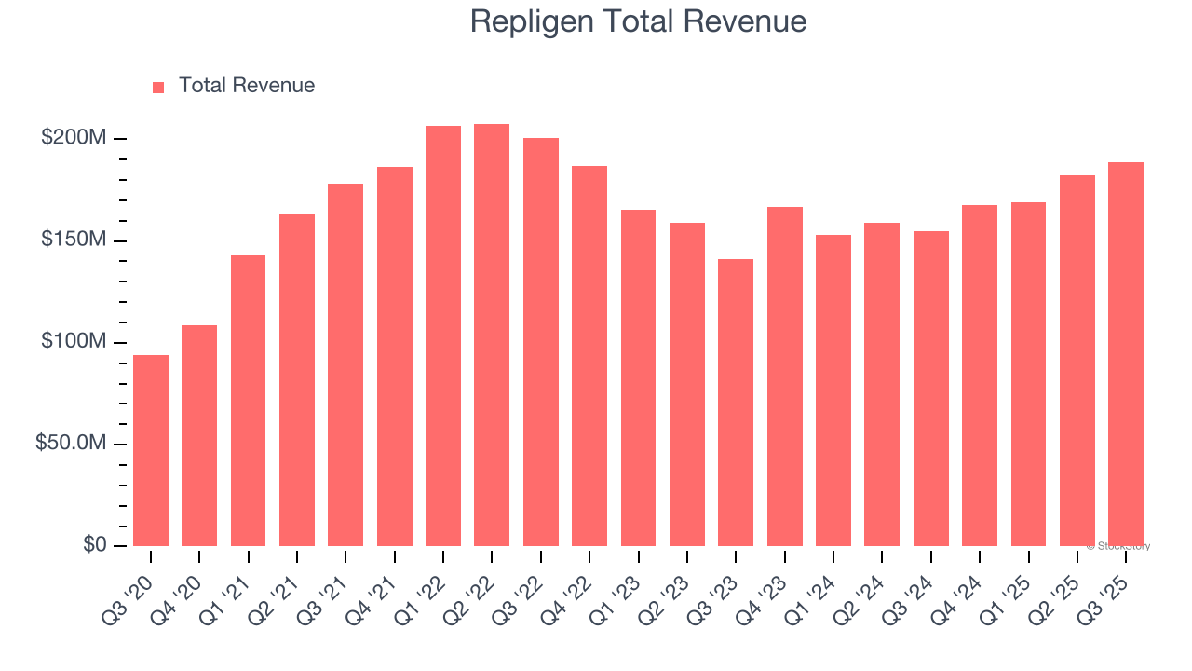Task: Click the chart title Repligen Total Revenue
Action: click(x=638, y=21)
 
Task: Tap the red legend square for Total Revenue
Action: click(x=158, y=87)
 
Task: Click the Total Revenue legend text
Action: click(x=247, y=86)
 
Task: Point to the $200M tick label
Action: click(x=74, y=138)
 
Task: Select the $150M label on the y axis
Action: click(x=74, y=240)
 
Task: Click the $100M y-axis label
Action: click(x=74, y=342)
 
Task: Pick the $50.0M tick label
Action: click(x=71, y=444)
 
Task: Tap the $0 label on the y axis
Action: click(x=94, y=544)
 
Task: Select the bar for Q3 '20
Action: click(x=151, y=450)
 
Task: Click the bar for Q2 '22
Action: click(x=492, y=335)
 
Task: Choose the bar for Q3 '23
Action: click(x=736, y=403)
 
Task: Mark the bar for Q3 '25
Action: click(x=1125, y=354)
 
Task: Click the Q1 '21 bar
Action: click(x=248, y=401)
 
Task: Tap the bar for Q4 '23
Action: click(x=784, y=377)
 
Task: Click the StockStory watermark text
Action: click(x=1118, y=546)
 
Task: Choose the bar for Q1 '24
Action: click(x=833, y=390)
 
